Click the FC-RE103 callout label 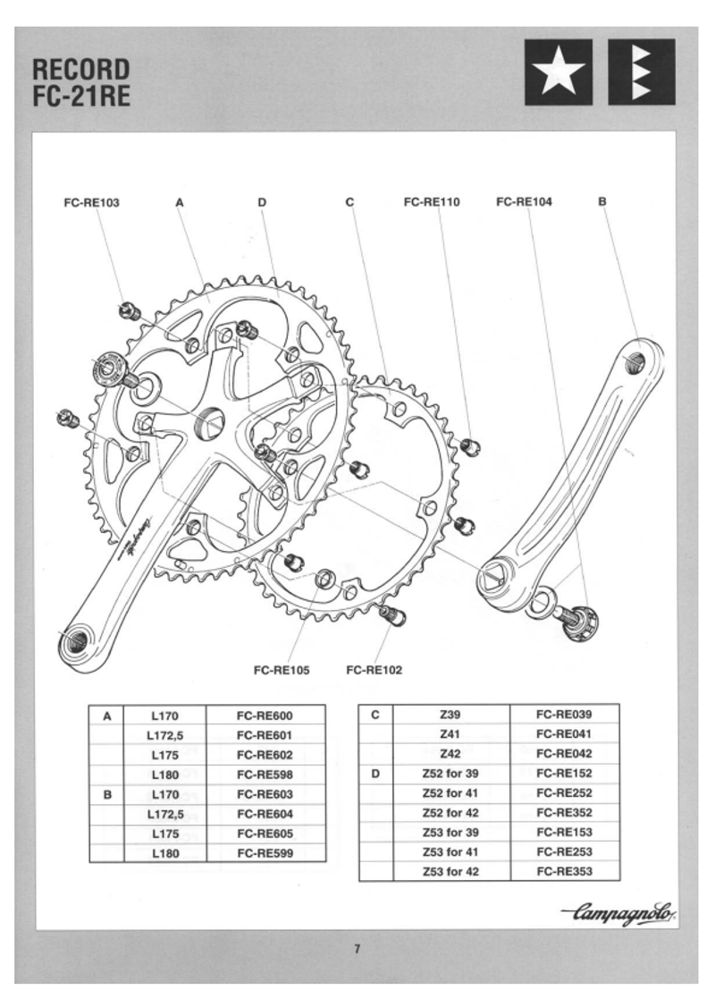pyautogui.click(x=91, y=202)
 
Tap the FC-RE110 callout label pyautogui.click(x=431, y=202)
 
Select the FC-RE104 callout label pyautogui.click(x=524, y=202)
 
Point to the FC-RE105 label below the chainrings pyautogui.click(x=282, y=670)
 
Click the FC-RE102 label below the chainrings pyautogui.click(x=374, y=670)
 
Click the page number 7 pyautogui.click(x=357, y=950)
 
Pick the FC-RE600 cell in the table pyautogui.click(x=265, y=716)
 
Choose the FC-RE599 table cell pyautogui.click(x=265, y=853)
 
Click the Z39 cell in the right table pyautogui.click(x=450, y=714)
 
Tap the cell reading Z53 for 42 pyautogui.click(x=450, y=871)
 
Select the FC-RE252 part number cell pyautogui.click(x=564, y=792)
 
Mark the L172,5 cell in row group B pyautogui.click(x=166, y=814)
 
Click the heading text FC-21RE pyautogui.click(x=80, y=97)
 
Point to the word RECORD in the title pyautogui.click(x=80, y=70)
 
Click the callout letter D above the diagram pyautogui.click(x=262, y=203)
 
